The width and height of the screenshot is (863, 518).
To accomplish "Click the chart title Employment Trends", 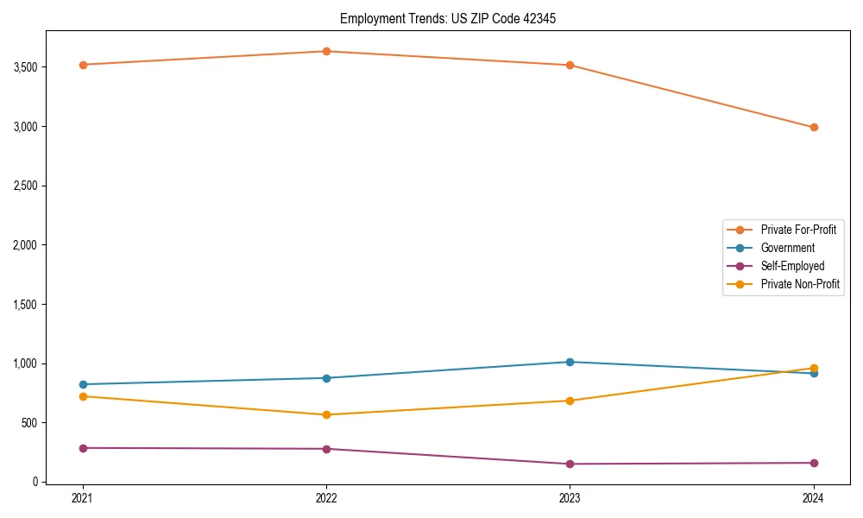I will (442, 19).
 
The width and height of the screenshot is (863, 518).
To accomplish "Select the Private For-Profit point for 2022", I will (326, 51).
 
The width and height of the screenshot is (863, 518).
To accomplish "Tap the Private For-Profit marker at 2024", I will (814, 127).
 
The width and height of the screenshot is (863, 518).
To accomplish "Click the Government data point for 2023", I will (570, 362).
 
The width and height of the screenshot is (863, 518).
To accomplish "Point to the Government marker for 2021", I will (83, 384).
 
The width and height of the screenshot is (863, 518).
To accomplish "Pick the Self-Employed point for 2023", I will (570, 464).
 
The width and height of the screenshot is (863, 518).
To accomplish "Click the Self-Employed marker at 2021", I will (83, 448).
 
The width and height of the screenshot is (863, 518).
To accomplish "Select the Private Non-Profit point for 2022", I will (326, 414).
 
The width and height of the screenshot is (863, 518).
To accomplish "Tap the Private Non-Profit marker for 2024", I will (814, 368).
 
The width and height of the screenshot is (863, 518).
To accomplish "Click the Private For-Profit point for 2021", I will (83, 65).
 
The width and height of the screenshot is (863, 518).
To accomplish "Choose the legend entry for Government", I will (787, 248).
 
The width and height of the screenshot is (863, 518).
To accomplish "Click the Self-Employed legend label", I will (792, 266).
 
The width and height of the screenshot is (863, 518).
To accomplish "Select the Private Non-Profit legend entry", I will (800, 284).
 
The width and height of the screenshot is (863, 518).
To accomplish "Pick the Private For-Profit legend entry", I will (798, 230).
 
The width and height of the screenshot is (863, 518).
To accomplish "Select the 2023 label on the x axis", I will (570, 498).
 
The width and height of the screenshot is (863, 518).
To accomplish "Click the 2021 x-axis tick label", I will (83, 498).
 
